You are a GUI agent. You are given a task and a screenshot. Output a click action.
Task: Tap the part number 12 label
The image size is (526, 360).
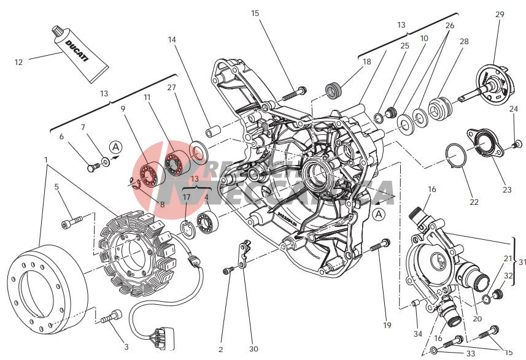18,62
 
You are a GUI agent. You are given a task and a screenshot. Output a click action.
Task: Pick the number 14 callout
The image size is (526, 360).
172,40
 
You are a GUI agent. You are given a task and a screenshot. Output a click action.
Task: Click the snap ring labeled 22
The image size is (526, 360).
457,156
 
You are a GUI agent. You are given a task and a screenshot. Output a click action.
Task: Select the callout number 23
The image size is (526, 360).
506,190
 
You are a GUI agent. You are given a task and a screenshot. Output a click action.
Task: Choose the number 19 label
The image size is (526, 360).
387,324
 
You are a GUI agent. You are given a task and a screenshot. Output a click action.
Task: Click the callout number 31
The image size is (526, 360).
522,262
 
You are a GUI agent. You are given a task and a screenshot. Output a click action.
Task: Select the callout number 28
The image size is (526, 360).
464,42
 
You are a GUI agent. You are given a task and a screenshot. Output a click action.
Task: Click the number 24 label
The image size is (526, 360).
513,109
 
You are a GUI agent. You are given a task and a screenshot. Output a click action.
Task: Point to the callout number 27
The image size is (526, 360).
172,87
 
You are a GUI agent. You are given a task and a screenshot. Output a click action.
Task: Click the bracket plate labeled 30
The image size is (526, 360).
244,256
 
